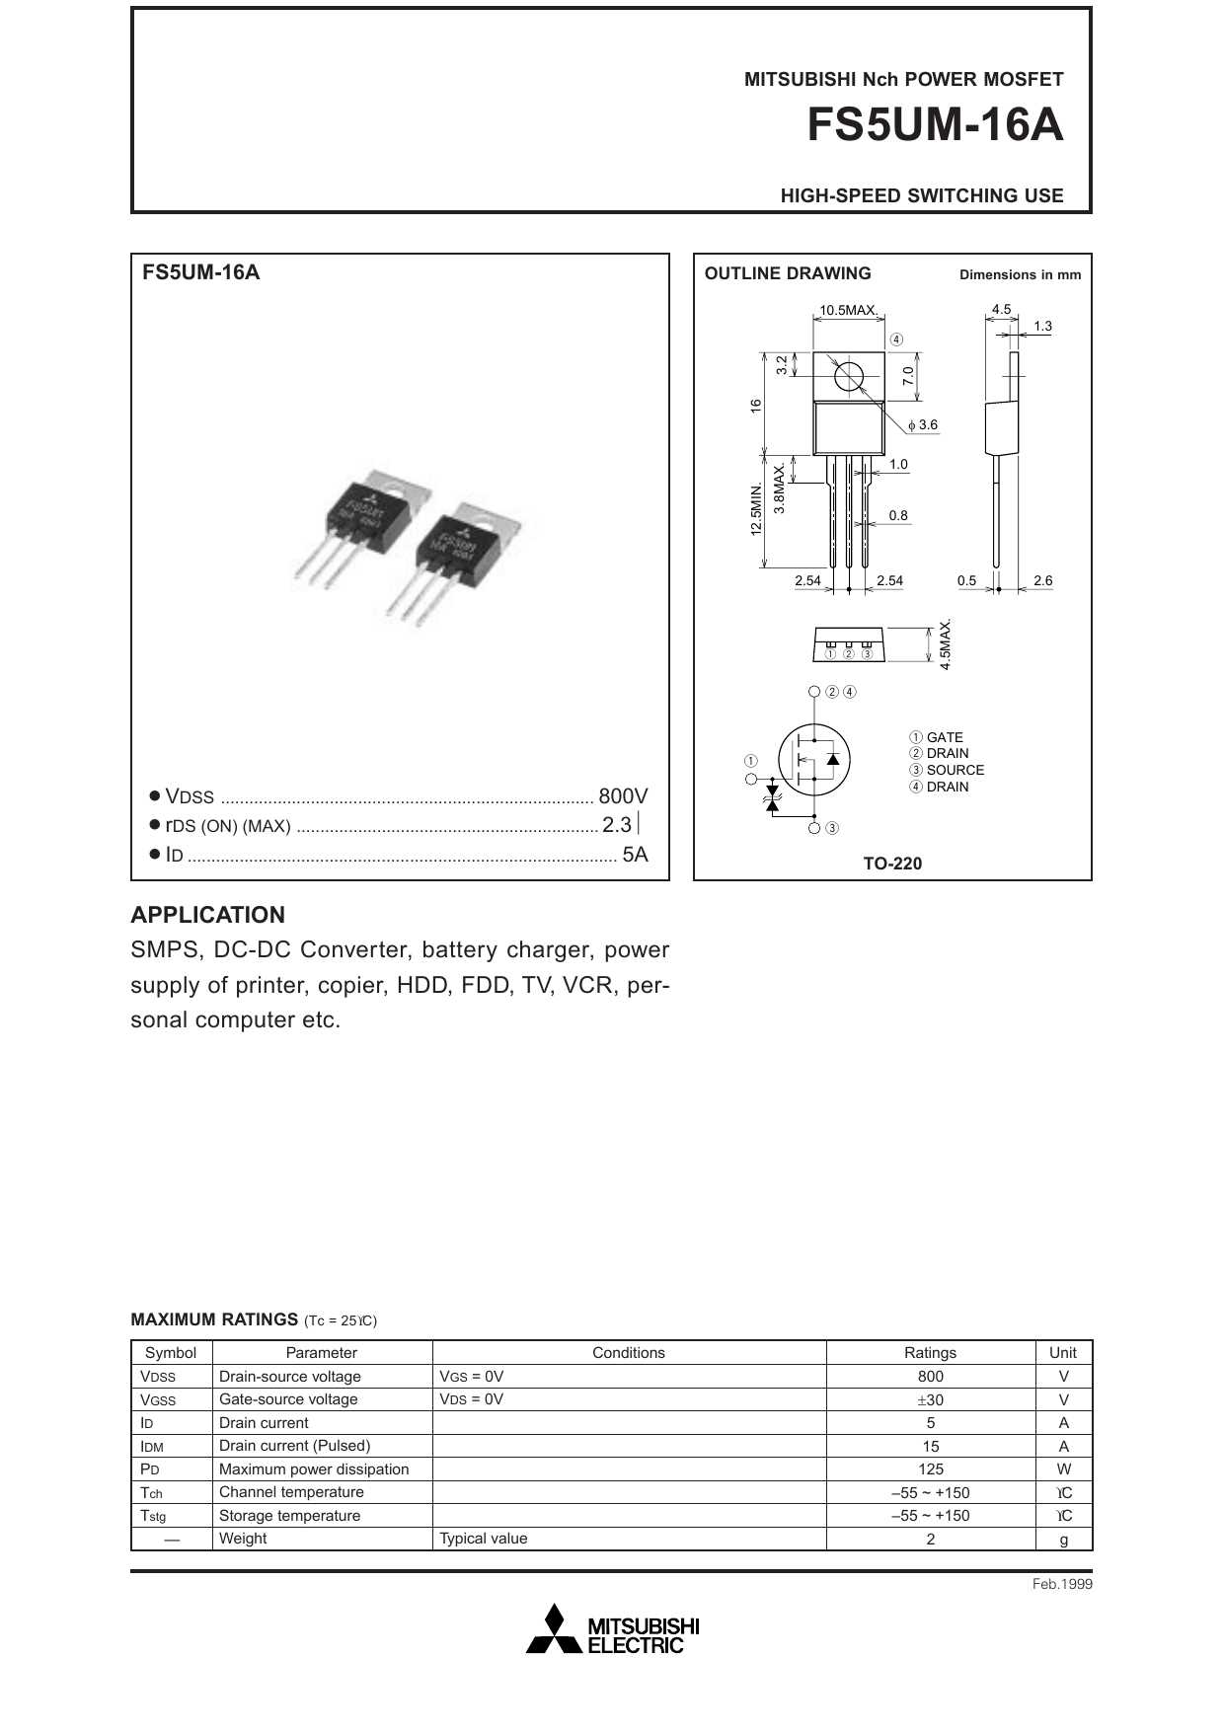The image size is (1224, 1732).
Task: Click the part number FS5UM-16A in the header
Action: pos(935,125)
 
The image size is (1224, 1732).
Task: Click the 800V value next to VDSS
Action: pos(623,796)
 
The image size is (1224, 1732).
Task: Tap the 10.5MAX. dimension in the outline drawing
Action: pos(848,310)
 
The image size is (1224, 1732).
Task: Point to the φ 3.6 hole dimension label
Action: pos(923,425)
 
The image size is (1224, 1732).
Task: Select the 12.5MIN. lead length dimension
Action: pos(756,509)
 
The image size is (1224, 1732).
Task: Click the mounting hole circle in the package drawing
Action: pos(848,376)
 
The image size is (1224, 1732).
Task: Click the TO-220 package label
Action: pos(892,864)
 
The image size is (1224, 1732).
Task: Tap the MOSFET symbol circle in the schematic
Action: pos(813,759)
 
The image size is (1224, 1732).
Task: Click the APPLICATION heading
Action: pos(207,915)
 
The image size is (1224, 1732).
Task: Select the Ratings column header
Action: pos(930,1352)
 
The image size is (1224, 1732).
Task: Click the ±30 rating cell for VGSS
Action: pos(930,1399)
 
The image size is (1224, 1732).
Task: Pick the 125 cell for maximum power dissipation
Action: pos(930,1468)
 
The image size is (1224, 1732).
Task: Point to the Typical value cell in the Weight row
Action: pos(484,1539)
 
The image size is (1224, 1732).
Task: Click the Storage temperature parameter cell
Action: pos(289,1515)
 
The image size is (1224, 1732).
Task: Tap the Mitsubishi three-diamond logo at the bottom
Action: pos(554,1629)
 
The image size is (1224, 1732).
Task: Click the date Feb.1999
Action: pos(1062,1584)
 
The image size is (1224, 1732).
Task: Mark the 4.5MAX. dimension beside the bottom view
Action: pos(945,644)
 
